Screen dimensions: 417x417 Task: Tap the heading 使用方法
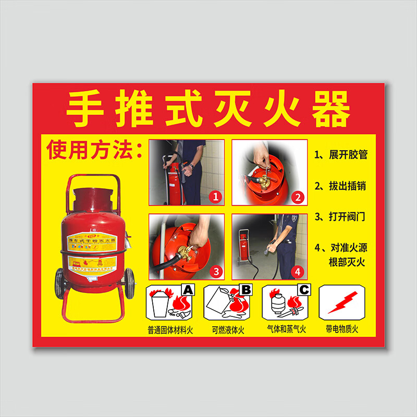pyautogui.click(x=94, y=150)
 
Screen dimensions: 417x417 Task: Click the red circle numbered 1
pyautogui.click(x=215, y=197)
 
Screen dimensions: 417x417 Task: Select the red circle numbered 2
pyautogui.click(x=298, y=197)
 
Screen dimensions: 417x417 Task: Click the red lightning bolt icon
pyautogui.click(x=342, y=302)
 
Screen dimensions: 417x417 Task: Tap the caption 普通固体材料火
pyautogui.click(x=170, y=329)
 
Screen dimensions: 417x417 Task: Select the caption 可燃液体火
pyautogui.click(x=228, y=329)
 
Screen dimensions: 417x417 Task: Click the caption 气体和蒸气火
pyautogui.click(x=286, y=329)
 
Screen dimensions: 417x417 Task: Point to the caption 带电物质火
pyautogui.click(x=342, y=329)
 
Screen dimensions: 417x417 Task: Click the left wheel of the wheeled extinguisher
pyautogui.click(x=59, y=283)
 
